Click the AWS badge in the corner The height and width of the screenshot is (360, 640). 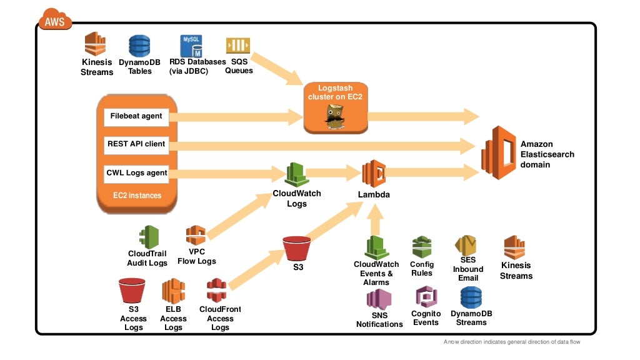55,22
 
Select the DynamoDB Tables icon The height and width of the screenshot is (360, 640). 139,47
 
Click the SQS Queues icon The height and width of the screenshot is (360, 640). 238,46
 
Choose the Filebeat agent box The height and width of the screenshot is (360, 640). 136,116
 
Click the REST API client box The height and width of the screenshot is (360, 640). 136,144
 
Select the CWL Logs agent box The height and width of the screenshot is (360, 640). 136,172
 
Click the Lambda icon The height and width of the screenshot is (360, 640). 374,174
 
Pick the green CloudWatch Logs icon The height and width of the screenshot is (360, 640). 296,174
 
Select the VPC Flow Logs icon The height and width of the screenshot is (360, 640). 196,236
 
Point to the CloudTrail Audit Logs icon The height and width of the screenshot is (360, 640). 148,237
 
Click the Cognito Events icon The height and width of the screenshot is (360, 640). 426,296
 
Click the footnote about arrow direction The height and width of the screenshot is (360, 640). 516,342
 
